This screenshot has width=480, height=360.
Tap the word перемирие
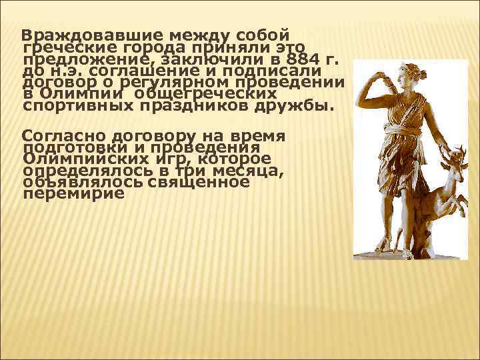73,194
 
